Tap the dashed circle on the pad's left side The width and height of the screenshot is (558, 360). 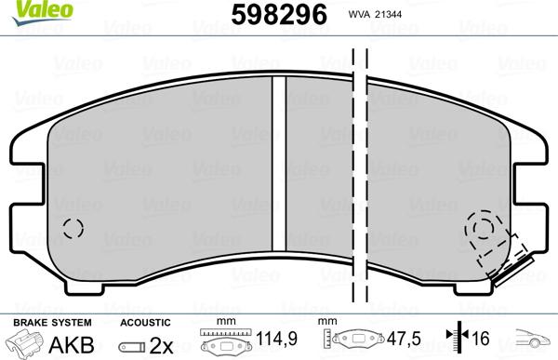click(x=72, y=229)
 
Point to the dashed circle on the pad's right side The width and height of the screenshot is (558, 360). click(x=482, y=227)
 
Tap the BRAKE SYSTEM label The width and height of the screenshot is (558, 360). click(x=39, y=321)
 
